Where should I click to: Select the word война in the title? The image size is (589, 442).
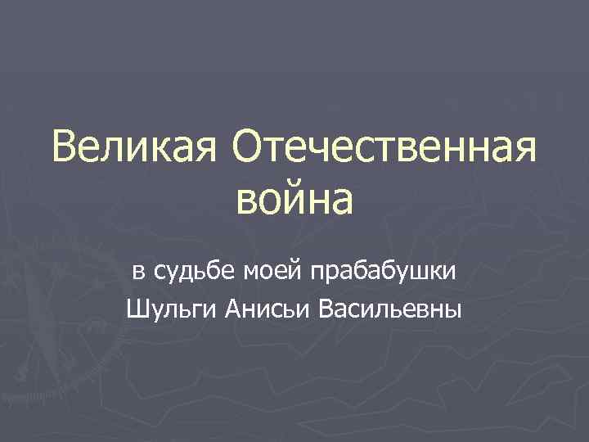click(296, 201)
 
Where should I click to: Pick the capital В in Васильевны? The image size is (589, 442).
click(324, 309)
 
